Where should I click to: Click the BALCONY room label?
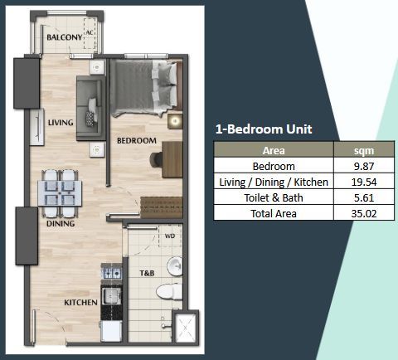(x=63, y=38)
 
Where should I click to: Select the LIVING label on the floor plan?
(x=61, y=123)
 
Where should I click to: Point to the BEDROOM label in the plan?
(x=136, y=141)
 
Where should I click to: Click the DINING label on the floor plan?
(x=61, y=223)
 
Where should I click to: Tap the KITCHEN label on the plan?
(x=81, y=303)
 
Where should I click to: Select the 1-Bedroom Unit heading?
(x=263, y=129)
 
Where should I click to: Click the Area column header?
(x=274, y=151)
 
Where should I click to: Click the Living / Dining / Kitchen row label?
(x=274, y=182)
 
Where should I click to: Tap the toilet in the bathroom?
(x=167, y=291)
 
